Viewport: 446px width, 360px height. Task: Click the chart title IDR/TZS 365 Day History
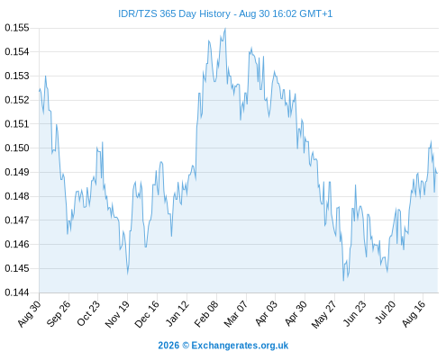[x=174, y=13]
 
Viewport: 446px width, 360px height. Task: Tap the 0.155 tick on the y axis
[x=17, y=28]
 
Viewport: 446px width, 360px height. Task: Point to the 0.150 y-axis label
[x=17, y=148]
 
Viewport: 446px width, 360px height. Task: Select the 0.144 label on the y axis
[x=17, y=292]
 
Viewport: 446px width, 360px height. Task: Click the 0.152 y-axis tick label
[x=17, y=100]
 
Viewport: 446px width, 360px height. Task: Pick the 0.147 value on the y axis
[x=17, y=220]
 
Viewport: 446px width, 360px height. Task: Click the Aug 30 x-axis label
[x=29, y=313]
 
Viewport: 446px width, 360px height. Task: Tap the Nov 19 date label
[x=117, y=313]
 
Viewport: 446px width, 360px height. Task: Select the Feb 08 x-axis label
[x=206, y=313]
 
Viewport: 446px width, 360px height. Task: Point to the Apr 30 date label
[x=296, y=313]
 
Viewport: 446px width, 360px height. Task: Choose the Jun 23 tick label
[x=355, y=313]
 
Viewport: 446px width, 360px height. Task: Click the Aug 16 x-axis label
[x=414, y=313]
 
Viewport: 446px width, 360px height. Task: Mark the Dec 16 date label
[x=147, y=313]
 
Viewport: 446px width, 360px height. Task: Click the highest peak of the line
[x=225, y=29]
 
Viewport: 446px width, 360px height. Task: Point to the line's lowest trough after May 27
[x=343, y=281]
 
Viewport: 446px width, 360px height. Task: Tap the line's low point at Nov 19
[x=128, y=274]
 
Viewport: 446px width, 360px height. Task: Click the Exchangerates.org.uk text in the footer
[x=240, y=346]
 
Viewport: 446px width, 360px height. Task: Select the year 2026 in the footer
[x=168, y=346]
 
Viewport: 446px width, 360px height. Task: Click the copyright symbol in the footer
[x=186, y=346]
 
